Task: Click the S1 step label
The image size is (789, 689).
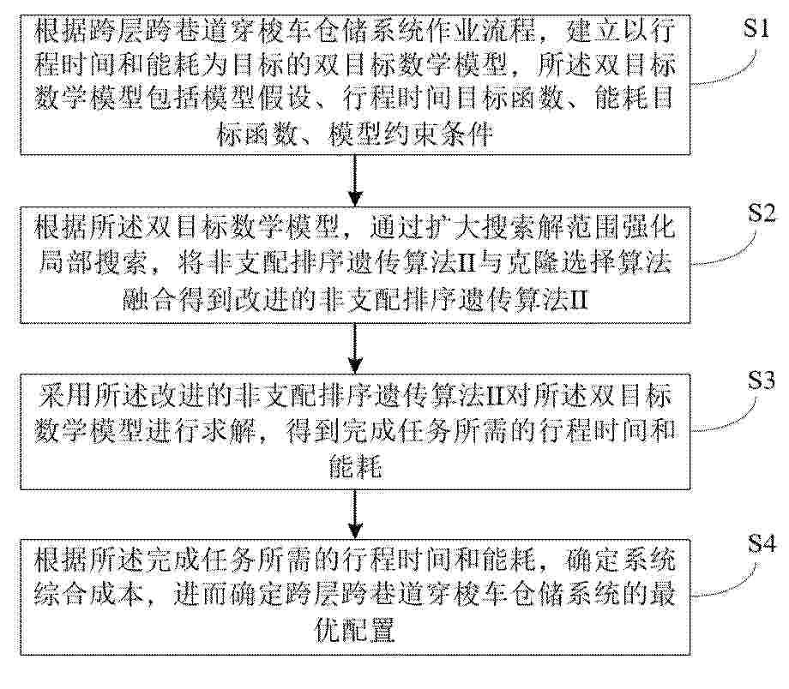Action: (x=756, y=28)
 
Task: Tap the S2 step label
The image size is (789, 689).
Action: (x=762, y=213)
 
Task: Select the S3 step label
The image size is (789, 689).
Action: (x=761, y=380)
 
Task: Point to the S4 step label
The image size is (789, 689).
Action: (x=762, y=543)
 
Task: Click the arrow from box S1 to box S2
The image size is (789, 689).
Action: (x=355, y=180)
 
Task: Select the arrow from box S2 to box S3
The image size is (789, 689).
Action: (x=355, y=348)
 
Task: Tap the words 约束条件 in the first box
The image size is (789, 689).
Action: (x=438, y=135)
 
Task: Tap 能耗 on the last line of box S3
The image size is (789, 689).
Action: (x=355, y=467)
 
